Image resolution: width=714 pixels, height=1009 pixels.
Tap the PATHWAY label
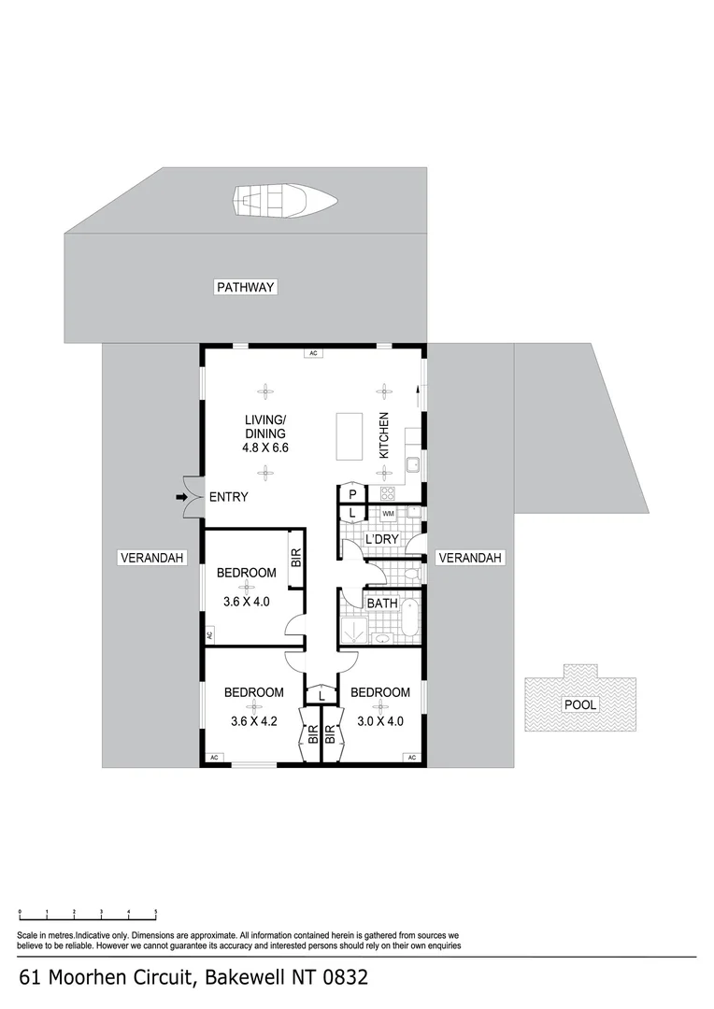tap(246, 287)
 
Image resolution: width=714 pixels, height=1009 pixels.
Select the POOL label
tap(581, 704)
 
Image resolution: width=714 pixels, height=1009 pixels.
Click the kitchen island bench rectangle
tap(350, 437)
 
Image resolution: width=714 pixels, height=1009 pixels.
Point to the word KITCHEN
tap(383, 435)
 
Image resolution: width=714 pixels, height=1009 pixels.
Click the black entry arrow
tap(180, 496)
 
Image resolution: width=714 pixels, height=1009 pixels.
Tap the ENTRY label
tap(228, 497)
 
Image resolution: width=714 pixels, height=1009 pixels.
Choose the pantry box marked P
tap(353, 494)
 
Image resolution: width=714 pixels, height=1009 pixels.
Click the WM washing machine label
tap(388, 513)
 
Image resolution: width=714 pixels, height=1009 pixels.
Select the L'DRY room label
tap(381, 540)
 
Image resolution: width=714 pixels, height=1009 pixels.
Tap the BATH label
tap(381, 604)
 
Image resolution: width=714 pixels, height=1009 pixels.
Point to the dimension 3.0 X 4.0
tap(380, 720)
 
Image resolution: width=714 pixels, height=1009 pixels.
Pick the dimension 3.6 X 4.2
tap(253, 720)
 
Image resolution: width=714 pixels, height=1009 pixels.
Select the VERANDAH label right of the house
tap(471, 558)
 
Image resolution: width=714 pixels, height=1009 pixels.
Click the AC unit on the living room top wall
tap(314, 353)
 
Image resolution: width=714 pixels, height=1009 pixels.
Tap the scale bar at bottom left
tap(88, 913)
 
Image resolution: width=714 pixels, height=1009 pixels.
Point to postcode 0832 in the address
tap(344, 978)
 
